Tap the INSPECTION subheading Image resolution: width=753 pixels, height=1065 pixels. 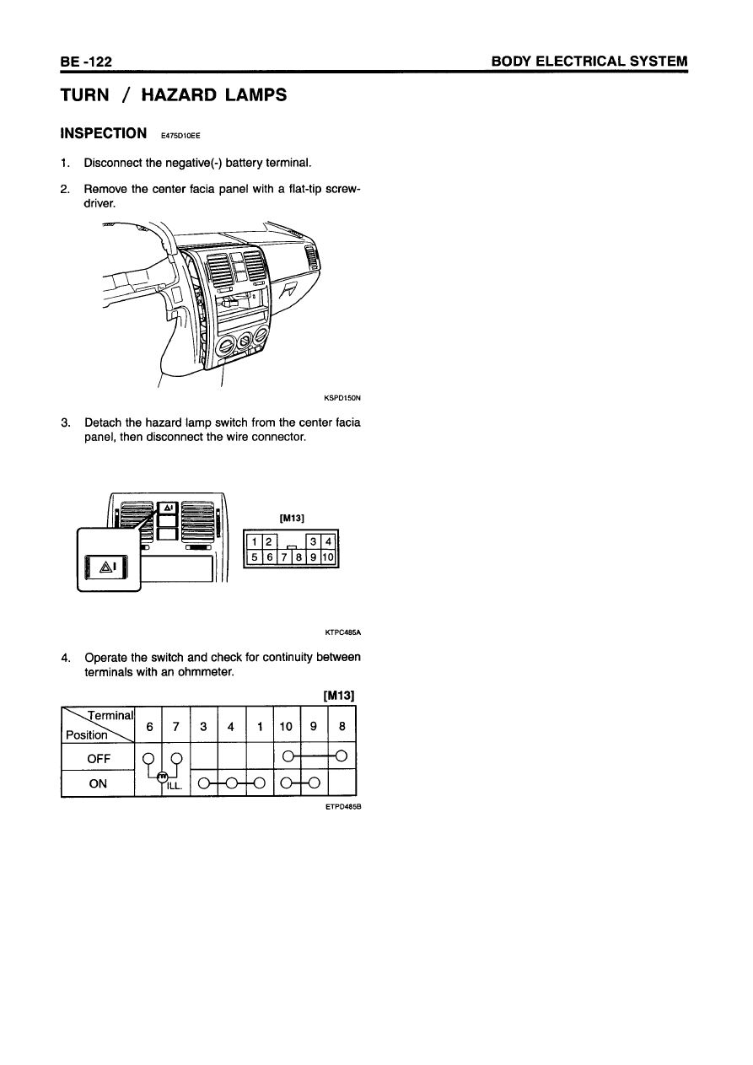(x=103, y=133)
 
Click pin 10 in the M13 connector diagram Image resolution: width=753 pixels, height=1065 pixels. (x=329, y=557)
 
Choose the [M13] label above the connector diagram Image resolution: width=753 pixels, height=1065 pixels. (x=291, y=518)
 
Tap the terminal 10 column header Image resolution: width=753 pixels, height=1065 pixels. (x=287, y=727)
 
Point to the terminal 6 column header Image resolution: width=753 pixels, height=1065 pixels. (x=149, y=727)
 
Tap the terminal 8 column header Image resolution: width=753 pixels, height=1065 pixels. (x=342, y=727)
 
